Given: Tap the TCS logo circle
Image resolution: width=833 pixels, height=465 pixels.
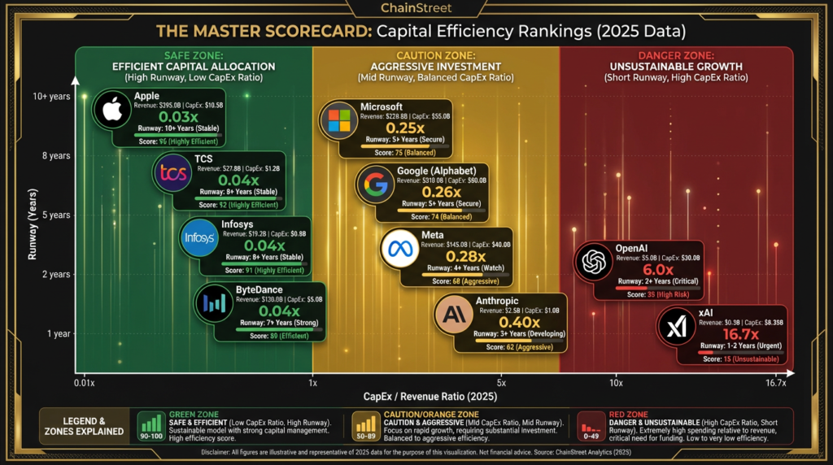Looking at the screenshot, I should point(174,172).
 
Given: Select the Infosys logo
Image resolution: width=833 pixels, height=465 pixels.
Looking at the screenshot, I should point(199,238).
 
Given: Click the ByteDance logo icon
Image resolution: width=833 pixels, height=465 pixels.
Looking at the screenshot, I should point(214,303).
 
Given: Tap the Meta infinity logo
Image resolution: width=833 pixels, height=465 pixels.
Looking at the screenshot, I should point(400,250).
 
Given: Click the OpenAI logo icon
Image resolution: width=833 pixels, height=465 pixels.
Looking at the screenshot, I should point(593,262).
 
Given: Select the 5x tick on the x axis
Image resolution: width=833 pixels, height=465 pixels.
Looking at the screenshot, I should point(501,382).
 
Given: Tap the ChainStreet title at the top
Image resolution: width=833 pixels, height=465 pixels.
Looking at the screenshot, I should point(416,9).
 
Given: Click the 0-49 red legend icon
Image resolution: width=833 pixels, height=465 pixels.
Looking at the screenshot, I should point(591,424).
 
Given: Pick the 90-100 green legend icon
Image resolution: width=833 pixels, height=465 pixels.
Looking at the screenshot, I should point(151,424).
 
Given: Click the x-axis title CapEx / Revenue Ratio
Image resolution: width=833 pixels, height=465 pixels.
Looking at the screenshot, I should point(430,397).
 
